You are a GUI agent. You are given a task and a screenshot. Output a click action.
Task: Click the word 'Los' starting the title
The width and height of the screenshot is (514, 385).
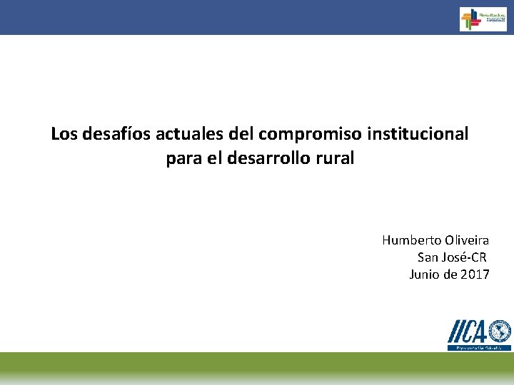(x=64, y=133)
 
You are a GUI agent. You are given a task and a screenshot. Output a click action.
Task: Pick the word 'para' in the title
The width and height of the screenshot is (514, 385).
(x=183, y=158)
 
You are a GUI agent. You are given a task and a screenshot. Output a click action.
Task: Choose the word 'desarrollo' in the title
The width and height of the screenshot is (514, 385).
(x=274, y=158)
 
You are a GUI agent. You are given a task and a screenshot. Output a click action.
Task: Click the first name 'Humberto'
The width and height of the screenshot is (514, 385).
(x=408, y=240)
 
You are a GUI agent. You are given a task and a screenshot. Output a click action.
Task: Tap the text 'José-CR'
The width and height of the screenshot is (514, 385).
(x=465, y=257)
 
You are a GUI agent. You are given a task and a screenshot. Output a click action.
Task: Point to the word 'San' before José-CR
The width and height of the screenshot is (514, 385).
(x=429, y=257)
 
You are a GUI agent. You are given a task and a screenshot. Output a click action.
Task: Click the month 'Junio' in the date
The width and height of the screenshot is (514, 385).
(x=425, y=274)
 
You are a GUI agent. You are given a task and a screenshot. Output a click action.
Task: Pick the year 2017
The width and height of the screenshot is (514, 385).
(x=475, y=274)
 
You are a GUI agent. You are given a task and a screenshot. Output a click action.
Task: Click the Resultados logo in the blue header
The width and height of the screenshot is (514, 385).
(x=483, y=19)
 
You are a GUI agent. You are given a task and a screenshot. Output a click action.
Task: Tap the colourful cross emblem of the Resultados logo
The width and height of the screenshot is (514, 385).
(x=469, y=19)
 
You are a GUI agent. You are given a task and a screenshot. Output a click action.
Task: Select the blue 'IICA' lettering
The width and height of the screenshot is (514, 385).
(x=468, y=332)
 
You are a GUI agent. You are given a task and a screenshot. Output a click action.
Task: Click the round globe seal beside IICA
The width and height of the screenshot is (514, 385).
(x=500, y=332)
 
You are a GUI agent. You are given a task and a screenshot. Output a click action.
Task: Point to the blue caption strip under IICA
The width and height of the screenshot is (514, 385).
(x=479, y=347)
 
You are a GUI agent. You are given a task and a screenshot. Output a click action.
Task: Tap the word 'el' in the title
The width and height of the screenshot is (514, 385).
(x=213, y=158)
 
